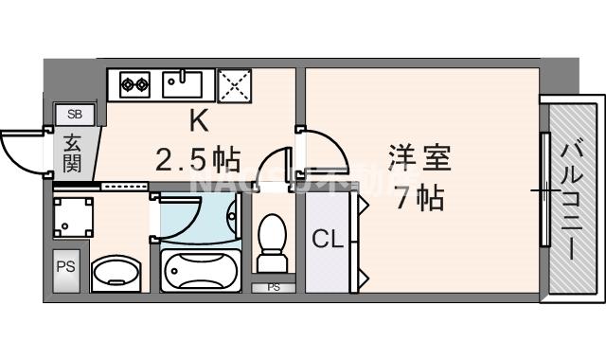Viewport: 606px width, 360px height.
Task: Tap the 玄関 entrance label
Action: [x=73, y=153]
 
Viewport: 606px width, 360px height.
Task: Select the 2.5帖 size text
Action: [x=198, y=157]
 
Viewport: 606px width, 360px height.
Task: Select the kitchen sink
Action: [x=182, y=83]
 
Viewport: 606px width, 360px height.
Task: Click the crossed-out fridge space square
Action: [x=233, y=84]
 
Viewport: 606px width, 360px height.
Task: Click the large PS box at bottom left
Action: [x=65, y=266]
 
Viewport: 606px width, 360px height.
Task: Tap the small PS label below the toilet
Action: [x=273, y=287]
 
